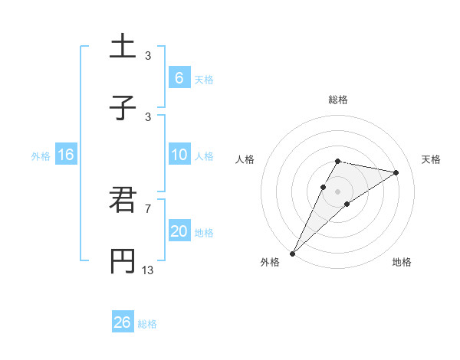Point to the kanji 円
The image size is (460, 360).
point(123,261)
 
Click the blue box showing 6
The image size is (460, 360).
point(179,77)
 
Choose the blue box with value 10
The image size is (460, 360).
point(179,155)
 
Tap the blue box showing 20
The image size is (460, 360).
point(179,231)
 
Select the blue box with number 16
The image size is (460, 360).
point(66,155)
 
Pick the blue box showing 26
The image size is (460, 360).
point(123,322)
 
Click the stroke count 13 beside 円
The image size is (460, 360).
point(147,270)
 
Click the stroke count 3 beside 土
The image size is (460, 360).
point(147,55)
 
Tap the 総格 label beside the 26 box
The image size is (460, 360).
point(147,324)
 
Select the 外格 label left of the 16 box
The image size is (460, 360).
point(41,155)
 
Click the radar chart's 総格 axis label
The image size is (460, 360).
point(338,100)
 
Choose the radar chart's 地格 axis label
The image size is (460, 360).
point(402,262)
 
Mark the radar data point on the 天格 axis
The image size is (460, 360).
point(396,172)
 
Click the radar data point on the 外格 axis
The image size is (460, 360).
point(292,253)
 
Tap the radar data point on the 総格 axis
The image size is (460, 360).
point(337,161)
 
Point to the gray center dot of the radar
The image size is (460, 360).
point(337,191)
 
